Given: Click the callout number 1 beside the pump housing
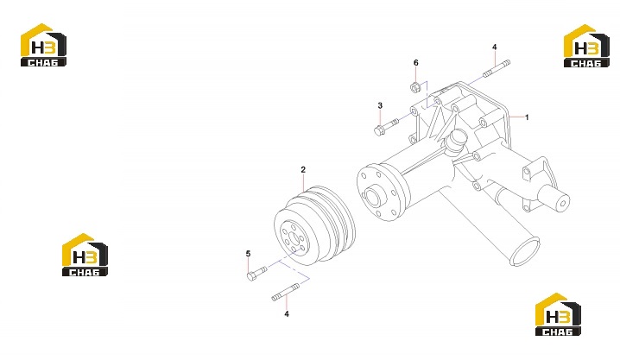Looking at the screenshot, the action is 526,117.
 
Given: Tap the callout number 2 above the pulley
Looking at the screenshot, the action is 303,169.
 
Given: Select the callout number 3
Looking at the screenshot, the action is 380,105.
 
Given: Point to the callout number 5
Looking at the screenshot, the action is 248,253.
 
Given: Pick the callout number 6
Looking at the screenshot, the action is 415,62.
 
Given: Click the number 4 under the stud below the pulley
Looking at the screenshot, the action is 287,313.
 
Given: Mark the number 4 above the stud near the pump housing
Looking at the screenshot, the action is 494,47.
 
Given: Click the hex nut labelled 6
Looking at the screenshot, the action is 414,87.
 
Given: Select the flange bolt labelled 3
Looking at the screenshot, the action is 386,127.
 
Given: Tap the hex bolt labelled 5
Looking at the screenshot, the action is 256,273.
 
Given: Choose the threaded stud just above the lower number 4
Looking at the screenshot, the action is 286,292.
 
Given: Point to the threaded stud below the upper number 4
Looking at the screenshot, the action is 497,68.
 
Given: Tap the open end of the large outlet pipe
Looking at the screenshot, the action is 525,251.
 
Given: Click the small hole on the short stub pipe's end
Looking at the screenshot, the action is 563,204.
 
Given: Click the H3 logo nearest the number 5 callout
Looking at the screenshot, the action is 85,255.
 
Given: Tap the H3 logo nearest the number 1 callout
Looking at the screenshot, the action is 586,46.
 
